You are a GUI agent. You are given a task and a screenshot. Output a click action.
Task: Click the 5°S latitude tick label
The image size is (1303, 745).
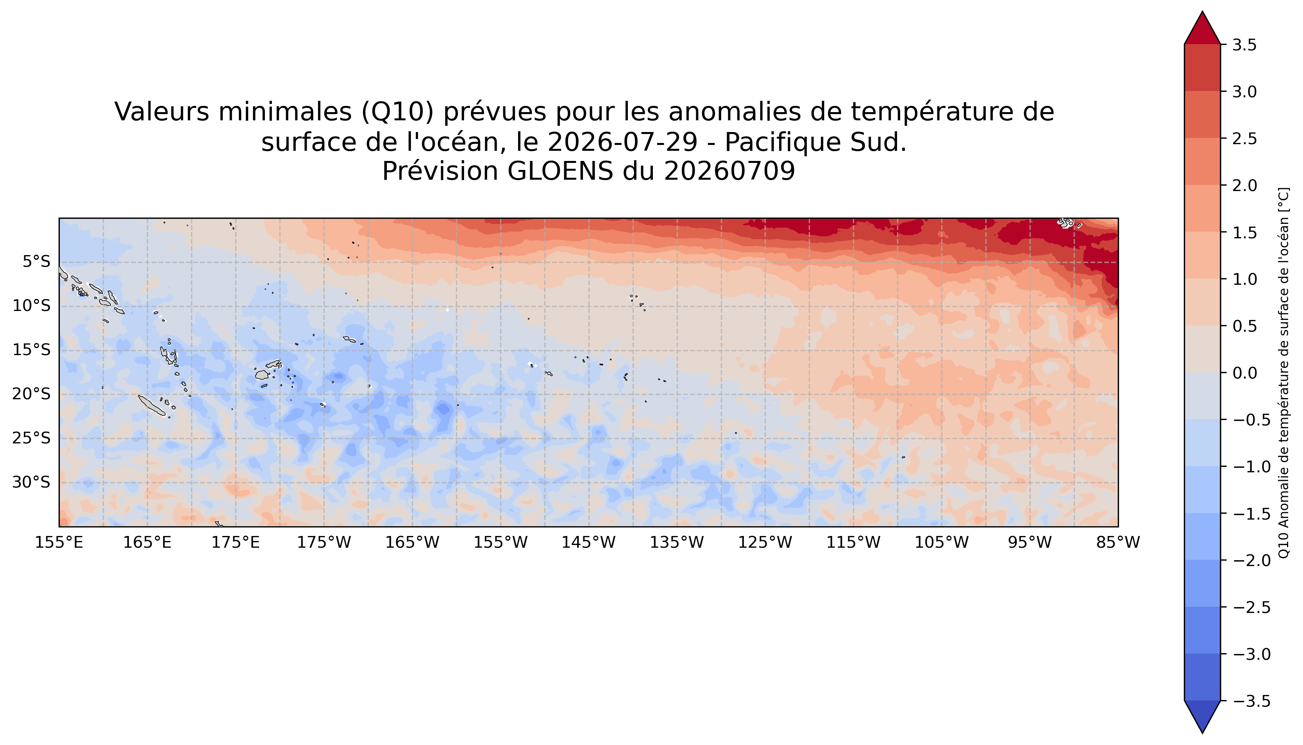tap(36, 262)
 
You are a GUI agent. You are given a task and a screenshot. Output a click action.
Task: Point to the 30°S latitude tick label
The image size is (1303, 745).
tap(32, 482)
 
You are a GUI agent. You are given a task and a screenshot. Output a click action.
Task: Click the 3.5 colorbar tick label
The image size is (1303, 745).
tap(1244, 45)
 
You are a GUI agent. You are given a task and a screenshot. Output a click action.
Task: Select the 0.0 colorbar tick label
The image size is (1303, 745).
tap(1244, 373)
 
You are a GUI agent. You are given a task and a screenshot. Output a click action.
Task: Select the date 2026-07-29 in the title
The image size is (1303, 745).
tap(623, 142)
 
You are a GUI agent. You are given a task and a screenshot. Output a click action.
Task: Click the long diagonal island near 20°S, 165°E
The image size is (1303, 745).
tap(152, 405)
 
